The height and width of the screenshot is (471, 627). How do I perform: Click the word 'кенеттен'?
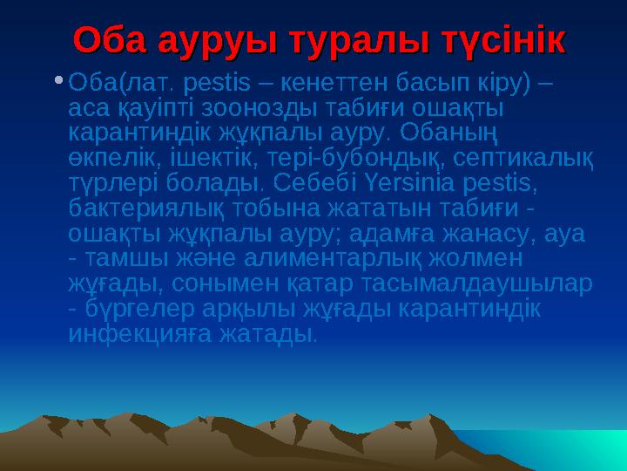[x=329, y=84]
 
